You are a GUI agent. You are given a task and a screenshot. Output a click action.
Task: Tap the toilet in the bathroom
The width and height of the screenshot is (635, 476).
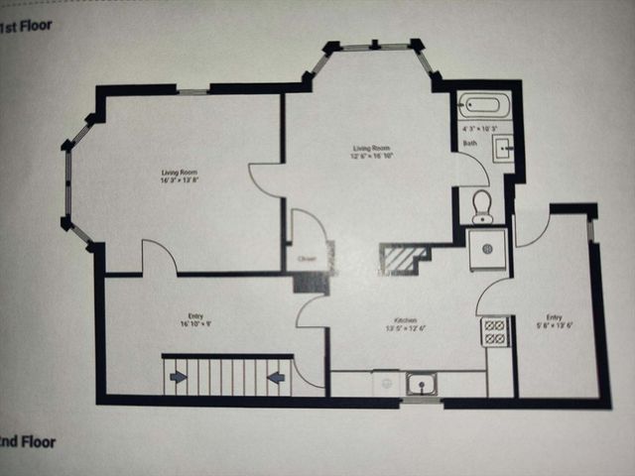[x=482, y=204]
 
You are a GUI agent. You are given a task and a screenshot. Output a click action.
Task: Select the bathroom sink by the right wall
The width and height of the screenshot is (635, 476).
[x=503, y=149]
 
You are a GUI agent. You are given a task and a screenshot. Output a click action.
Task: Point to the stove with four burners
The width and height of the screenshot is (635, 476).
[x=494, y=330]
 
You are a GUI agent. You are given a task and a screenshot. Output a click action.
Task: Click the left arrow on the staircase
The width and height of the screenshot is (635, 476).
[x=179, y=376]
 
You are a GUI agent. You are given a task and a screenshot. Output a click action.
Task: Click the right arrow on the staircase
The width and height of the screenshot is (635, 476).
[x=276, y=376]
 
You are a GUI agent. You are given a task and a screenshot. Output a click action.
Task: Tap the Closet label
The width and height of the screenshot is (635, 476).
[x=308, y=261]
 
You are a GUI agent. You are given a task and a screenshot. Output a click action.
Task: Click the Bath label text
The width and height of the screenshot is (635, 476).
[x=470, y=144]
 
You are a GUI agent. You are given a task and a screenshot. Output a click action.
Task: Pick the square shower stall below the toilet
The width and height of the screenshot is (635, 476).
[x=487, y=248]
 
